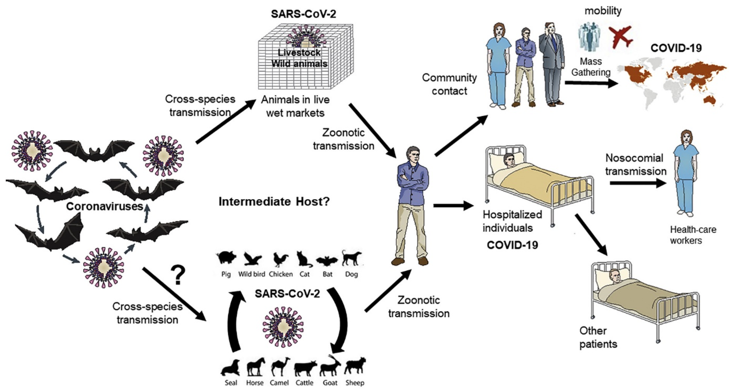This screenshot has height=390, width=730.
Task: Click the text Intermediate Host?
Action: coord(274,202)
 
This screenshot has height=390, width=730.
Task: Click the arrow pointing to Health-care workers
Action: coord(638,183)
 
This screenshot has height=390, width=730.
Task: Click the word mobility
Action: coord(603,11)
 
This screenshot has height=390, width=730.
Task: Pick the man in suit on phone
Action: coord(551,64)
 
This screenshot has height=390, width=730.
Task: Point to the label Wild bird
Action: coord(251,274)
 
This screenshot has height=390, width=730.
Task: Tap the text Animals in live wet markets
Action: coord(295,106)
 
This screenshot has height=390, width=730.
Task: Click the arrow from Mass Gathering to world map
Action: coord(591,83)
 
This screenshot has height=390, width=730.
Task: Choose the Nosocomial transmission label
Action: coord(636,165)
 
